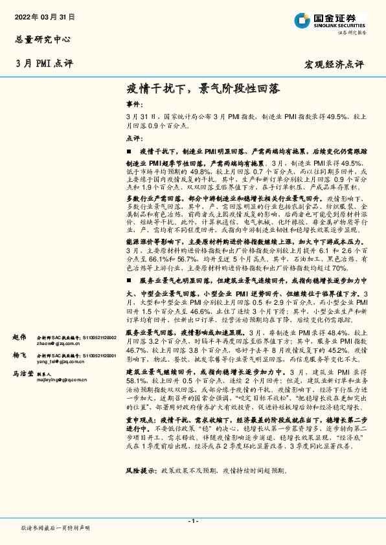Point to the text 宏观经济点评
334,63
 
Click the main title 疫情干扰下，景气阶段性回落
203,87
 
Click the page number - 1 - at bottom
192,521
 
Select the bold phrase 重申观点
141,438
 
